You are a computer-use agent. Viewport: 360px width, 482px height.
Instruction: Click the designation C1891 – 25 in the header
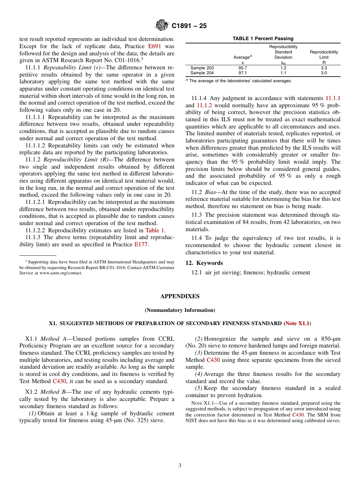(x=189, y=26)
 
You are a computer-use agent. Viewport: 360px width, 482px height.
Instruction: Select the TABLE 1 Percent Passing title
(x=263, y=39)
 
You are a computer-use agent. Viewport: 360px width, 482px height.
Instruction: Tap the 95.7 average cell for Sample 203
(x=242, y=68)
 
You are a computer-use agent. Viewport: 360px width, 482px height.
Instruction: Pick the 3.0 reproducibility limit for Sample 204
(x=324, y=73)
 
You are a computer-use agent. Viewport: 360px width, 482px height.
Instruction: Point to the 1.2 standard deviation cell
(x=283, y=68)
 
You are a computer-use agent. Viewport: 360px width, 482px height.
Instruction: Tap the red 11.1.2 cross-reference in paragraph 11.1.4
(x=205, y=105)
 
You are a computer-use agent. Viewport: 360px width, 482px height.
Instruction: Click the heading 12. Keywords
(x=204, y=263)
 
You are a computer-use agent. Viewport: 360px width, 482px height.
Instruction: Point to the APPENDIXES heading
(x=180, y=296)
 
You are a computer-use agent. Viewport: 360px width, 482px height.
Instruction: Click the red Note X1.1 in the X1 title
(x=297, y=324)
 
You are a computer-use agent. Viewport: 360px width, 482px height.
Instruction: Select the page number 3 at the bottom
(x=180, y=465)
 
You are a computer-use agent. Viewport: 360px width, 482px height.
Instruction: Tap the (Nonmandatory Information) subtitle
(x=180, y=310)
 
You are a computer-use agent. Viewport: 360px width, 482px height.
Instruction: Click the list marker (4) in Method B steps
(x=199, y=374)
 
